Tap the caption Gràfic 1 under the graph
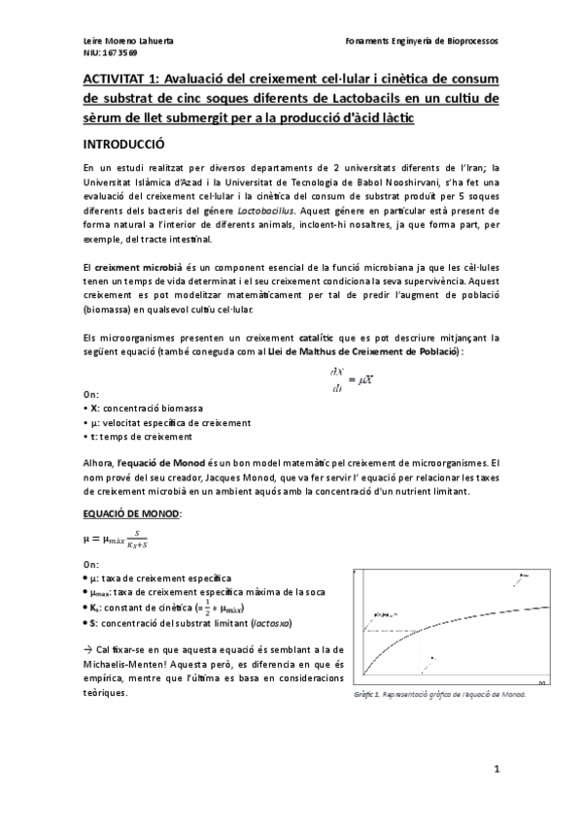[x=439, y=696]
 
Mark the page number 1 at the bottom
[x=496, y=769]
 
